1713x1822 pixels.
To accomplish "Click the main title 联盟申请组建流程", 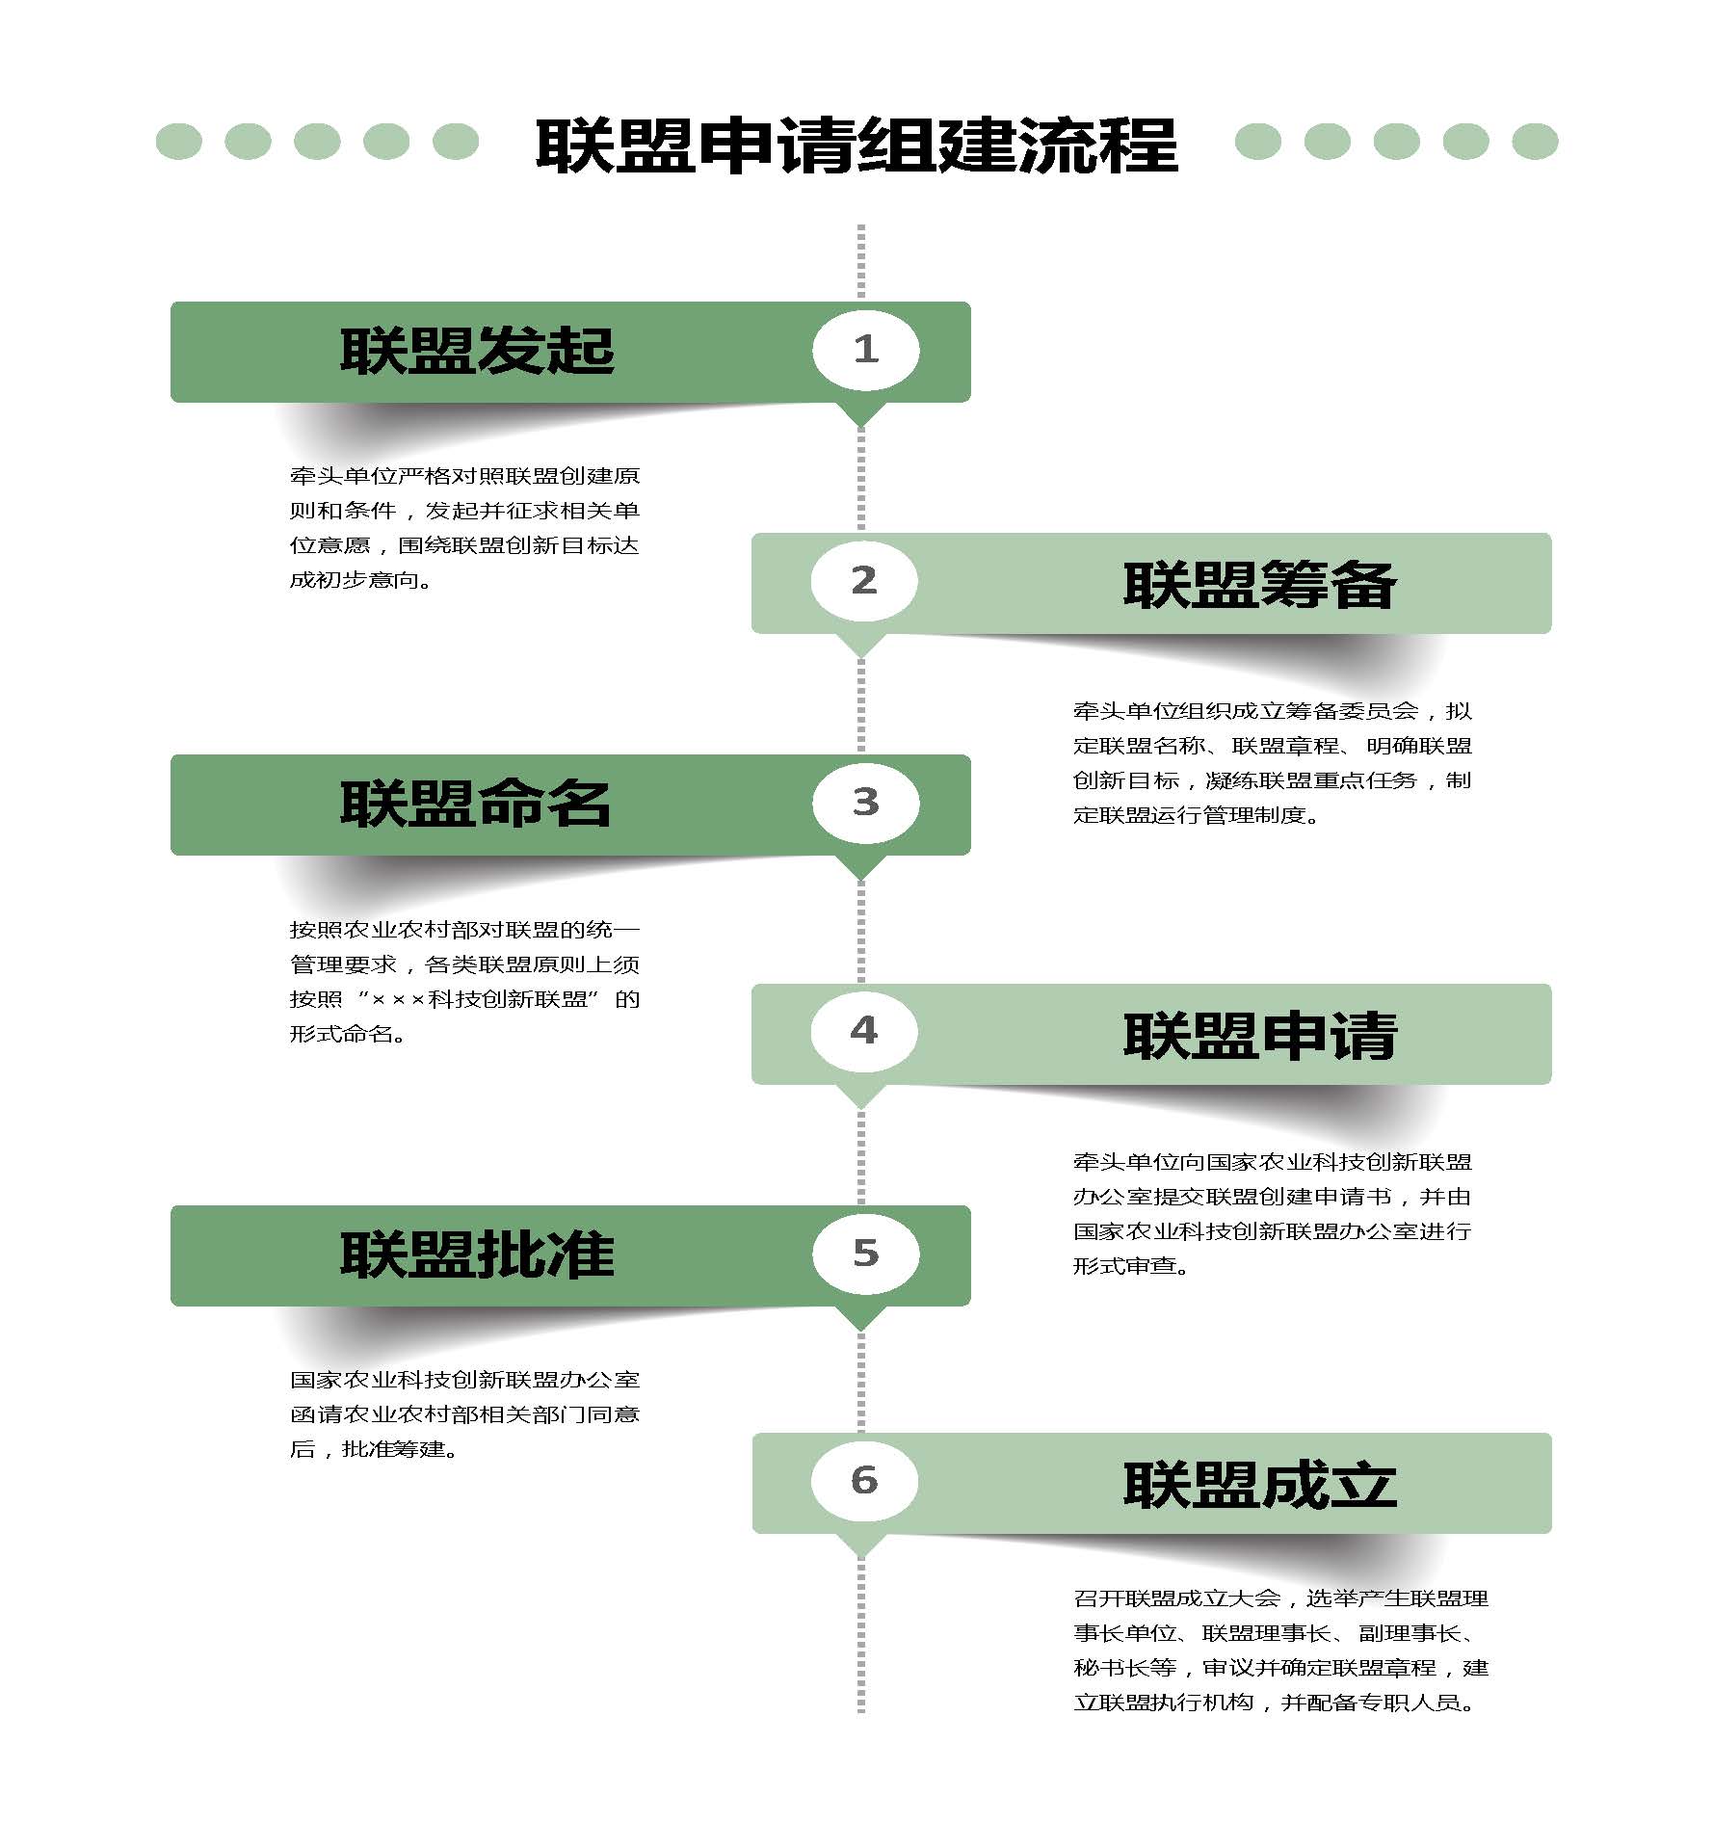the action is coord(856,145).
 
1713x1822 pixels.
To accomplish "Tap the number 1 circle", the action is coord(865,350).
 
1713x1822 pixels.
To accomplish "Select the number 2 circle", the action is coord(863,581).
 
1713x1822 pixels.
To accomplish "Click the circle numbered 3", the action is coord(865,803).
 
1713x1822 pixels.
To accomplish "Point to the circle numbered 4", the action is coord(863,1031).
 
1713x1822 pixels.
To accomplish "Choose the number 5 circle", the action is coord(865,1253).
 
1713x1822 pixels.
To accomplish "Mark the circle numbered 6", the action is coord(863,1480).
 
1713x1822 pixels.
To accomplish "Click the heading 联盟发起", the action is coord(477,351).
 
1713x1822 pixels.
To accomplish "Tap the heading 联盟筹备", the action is coord(1259,584).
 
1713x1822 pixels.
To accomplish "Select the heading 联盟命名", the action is coord(476,804).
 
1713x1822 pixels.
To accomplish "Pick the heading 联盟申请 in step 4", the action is coord(1260,1036).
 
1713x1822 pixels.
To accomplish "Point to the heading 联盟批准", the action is coord(477,1254).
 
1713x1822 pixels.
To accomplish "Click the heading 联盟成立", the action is coord(1260,1485).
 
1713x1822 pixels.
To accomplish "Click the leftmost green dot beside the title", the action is coord(179,142).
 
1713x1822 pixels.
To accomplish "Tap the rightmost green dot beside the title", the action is coord(1535,142).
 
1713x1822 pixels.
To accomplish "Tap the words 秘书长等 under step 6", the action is coord(1125,1668).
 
